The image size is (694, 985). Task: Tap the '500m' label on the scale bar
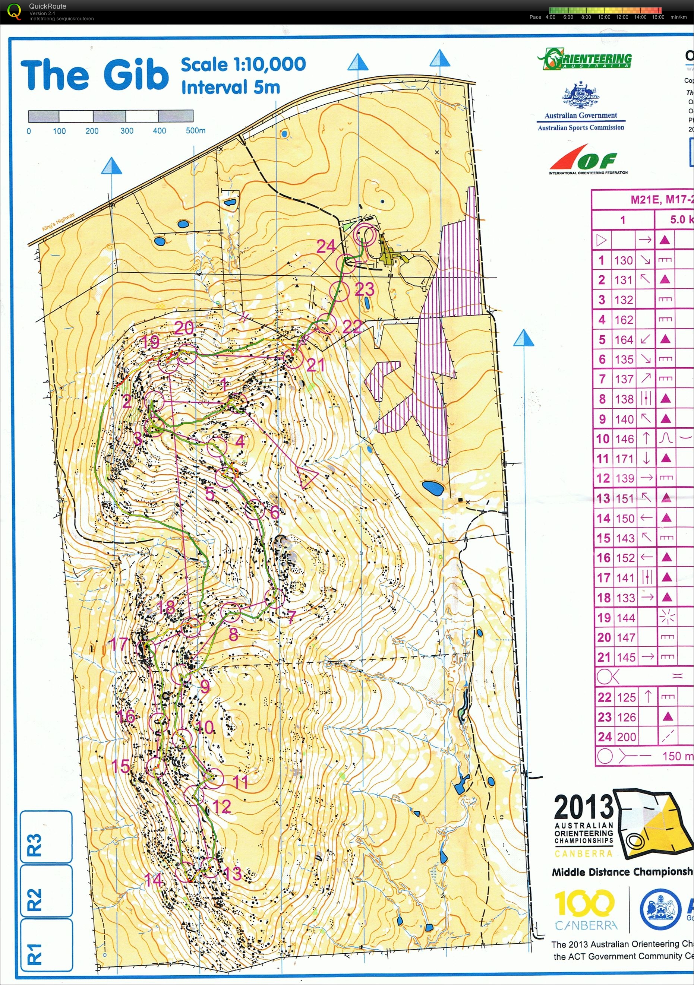point(195,131)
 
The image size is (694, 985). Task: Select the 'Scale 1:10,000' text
point(243,65)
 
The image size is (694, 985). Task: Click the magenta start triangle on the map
point(308,478)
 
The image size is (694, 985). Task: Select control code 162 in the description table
point(623,320)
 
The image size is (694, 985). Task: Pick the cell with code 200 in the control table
point(626,737)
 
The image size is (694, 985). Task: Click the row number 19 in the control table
point(603,617)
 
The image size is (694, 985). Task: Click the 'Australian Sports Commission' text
point(581,128)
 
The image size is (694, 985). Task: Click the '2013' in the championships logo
point(583,807)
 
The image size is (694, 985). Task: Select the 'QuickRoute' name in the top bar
point(47,6)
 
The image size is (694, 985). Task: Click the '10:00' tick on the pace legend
point(603,17)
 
